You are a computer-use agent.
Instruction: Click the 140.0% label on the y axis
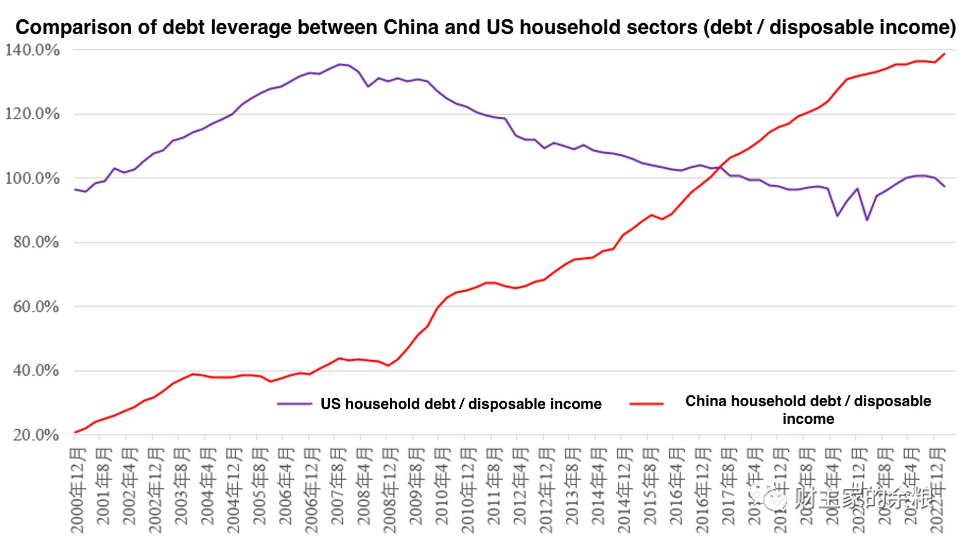pos(32,50)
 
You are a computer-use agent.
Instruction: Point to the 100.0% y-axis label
pos(32,178)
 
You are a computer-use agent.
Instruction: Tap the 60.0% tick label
pos(36,307)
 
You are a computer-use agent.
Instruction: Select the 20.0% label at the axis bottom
pos(36,435)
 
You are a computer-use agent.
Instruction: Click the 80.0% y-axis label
pos(36,242)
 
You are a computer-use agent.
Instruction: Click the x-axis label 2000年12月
pos(78,489)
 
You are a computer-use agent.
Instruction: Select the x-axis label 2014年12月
pos(625,489)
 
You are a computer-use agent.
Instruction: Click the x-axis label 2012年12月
pos(547,489)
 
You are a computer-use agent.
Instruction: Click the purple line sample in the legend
pos(294,404)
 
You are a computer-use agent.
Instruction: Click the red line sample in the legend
pos(647,404)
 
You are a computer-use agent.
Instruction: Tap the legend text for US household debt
pos(461,404)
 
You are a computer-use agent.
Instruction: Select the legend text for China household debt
pos(808,410)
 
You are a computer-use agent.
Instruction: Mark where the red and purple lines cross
pos(720,167)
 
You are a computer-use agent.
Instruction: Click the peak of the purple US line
pos(339,64)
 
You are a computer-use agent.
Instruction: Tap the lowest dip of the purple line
pos(867,220)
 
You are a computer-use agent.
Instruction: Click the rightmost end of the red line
pos(945,54)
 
